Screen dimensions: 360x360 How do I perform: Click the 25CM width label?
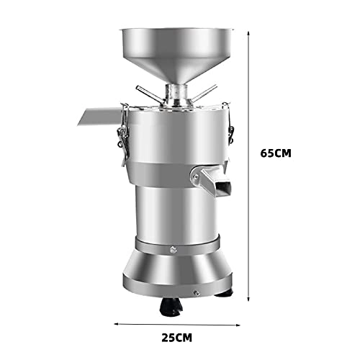click(x=177, y=336)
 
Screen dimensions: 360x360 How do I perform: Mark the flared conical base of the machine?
click(x=177, y=274)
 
